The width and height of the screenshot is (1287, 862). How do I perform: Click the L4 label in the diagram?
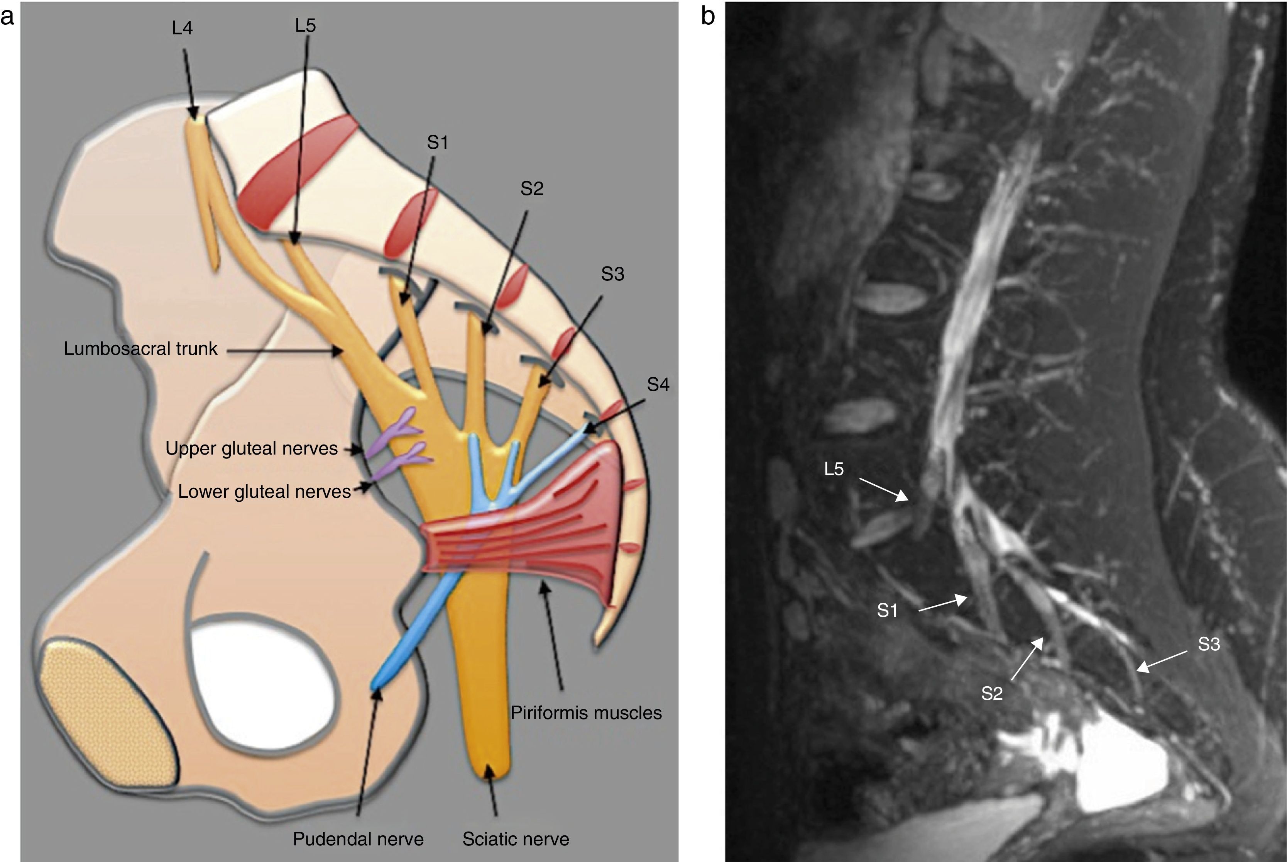[x=183, y=28]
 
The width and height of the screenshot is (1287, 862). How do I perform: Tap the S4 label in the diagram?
[x=658, y=384]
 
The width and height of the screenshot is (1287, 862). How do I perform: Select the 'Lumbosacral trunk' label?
[x=140, y=348]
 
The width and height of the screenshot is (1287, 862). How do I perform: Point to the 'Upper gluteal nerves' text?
[x=252, y=449]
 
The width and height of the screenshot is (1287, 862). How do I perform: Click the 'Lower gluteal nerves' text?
[x=264, y=492]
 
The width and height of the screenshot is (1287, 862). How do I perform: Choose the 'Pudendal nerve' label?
[x=358, y=839]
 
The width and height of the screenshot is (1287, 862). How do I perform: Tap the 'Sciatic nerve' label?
[x=515, y=839]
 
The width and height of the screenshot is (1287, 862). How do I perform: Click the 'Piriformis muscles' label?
[x=586, y=713]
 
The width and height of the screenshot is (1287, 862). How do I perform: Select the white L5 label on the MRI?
[x=834, y=469]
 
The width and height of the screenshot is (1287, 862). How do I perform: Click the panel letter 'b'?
[x=708, y=17]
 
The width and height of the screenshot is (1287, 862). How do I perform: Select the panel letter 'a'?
[x=8, y=17]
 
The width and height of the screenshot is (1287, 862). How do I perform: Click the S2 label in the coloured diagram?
[x=532, y=188]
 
